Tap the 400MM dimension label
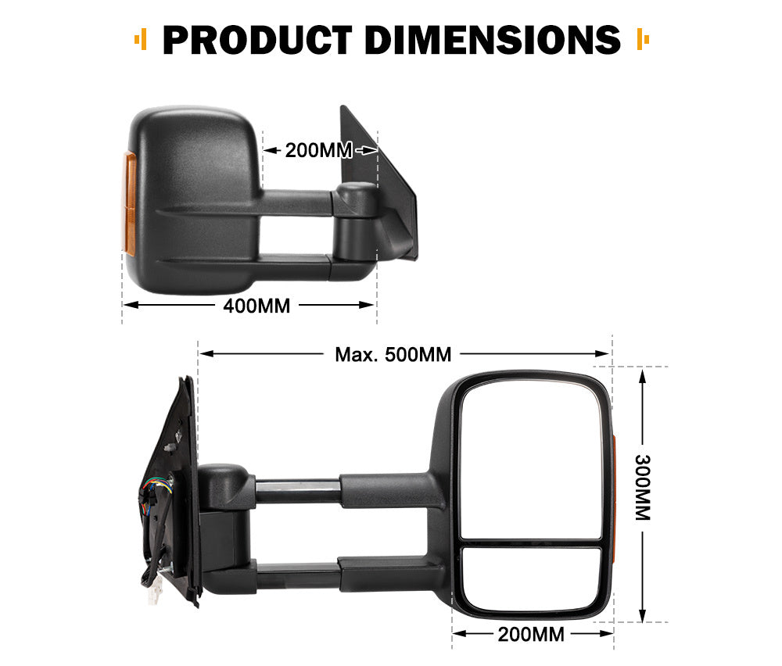256,306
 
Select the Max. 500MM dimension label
393,354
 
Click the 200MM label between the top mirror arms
318,150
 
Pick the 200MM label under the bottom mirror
531,634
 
